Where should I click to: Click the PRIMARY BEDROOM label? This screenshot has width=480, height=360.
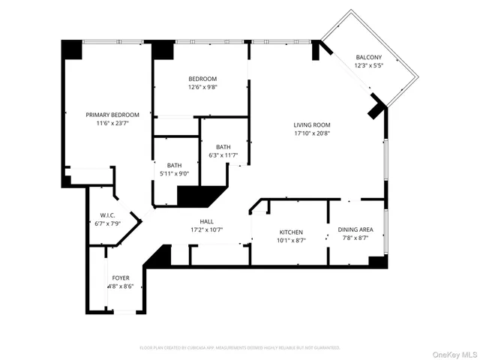point(112,115)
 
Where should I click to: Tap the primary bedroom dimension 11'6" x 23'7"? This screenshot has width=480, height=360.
point(112,123)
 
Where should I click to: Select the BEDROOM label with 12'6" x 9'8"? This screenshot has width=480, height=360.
point(202,79)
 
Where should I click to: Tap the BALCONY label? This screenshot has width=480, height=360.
point(368,57)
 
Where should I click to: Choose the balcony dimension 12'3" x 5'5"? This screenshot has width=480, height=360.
point(368,65)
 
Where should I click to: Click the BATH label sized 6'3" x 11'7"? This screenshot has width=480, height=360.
point(223,147)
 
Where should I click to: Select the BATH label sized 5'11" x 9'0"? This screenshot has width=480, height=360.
point(174,165)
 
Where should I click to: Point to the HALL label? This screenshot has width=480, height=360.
point(207,221)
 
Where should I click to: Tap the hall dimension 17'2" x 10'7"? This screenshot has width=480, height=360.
point(207,229)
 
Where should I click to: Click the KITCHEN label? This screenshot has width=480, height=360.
point(290,232)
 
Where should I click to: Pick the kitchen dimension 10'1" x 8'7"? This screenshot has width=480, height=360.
point(290,241)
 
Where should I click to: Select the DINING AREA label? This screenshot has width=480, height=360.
point(357,230)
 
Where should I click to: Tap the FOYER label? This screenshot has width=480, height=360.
point(121,277)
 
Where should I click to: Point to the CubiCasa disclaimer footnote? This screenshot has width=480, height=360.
point(240,347)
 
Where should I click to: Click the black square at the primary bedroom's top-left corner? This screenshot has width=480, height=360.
point(72,49)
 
